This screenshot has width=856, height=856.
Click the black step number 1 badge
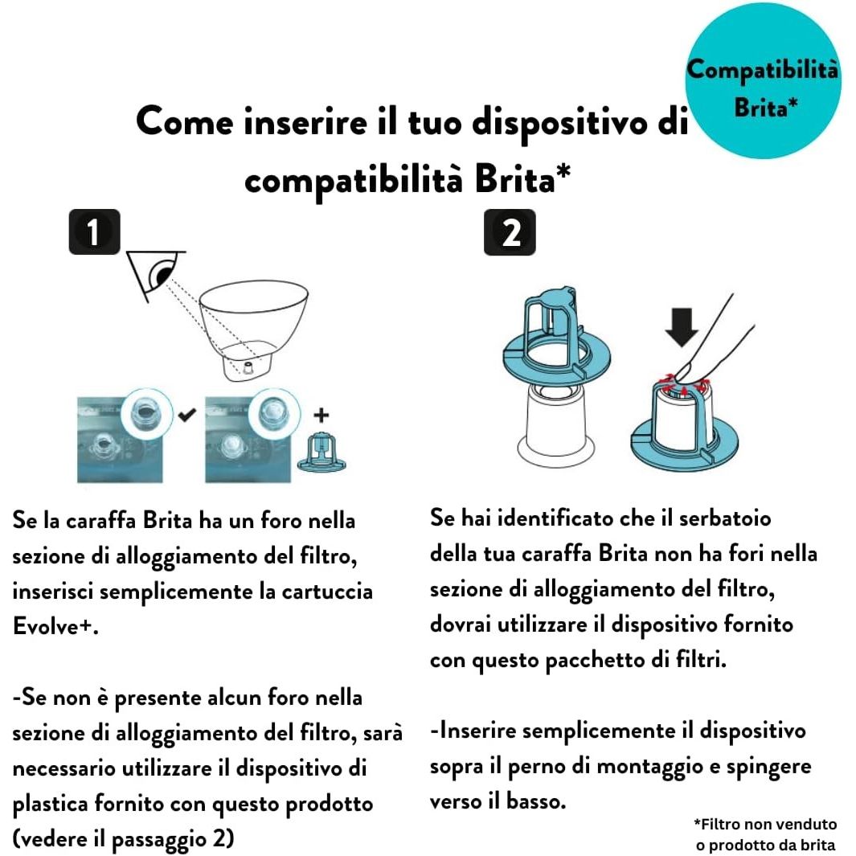point(94,232)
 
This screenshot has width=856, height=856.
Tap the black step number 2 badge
point(510,232)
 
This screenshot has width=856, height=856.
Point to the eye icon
point(158,275)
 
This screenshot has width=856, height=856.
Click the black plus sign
point(323,416)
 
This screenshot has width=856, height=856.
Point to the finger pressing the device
point(715,338)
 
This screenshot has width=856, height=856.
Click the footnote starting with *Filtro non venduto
point(764,834)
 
